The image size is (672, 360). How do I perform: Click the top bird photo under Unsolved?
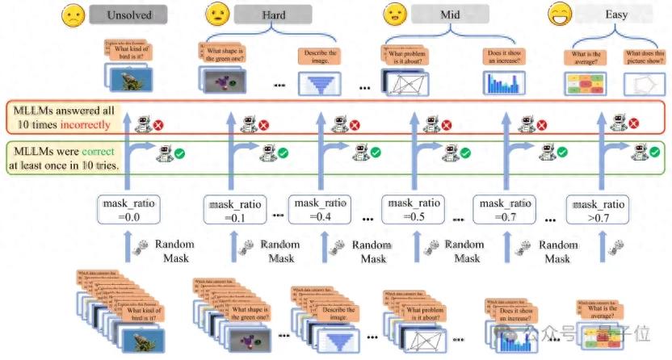(x=129, y=77)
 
